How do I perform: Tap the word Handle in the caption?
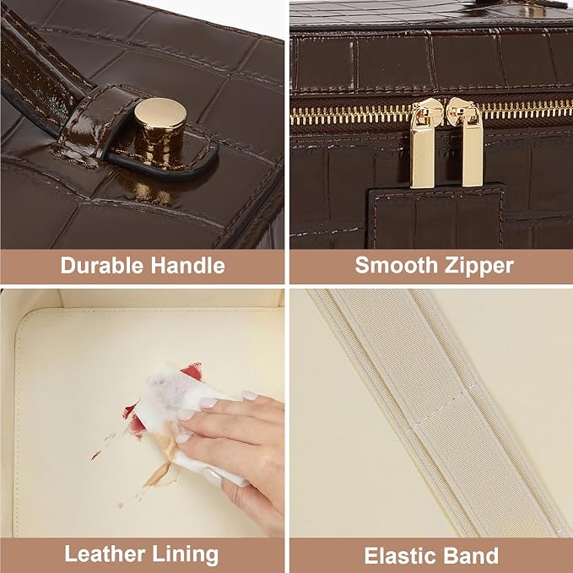tap(188, 265)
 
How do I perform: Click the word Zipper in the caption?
tap(478, 266)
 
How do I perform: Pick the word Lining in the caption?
tap(186, 555)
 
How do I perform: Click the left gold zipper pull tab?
tap(424, 144)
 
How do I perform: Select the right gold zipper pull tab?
tap(467, 143)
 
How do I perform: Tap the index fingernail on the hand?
tap(250, 396)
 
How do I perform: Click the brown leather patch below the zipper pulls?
tap(435, 218)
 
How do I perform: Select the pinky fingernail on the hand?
tap(213, 477)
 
